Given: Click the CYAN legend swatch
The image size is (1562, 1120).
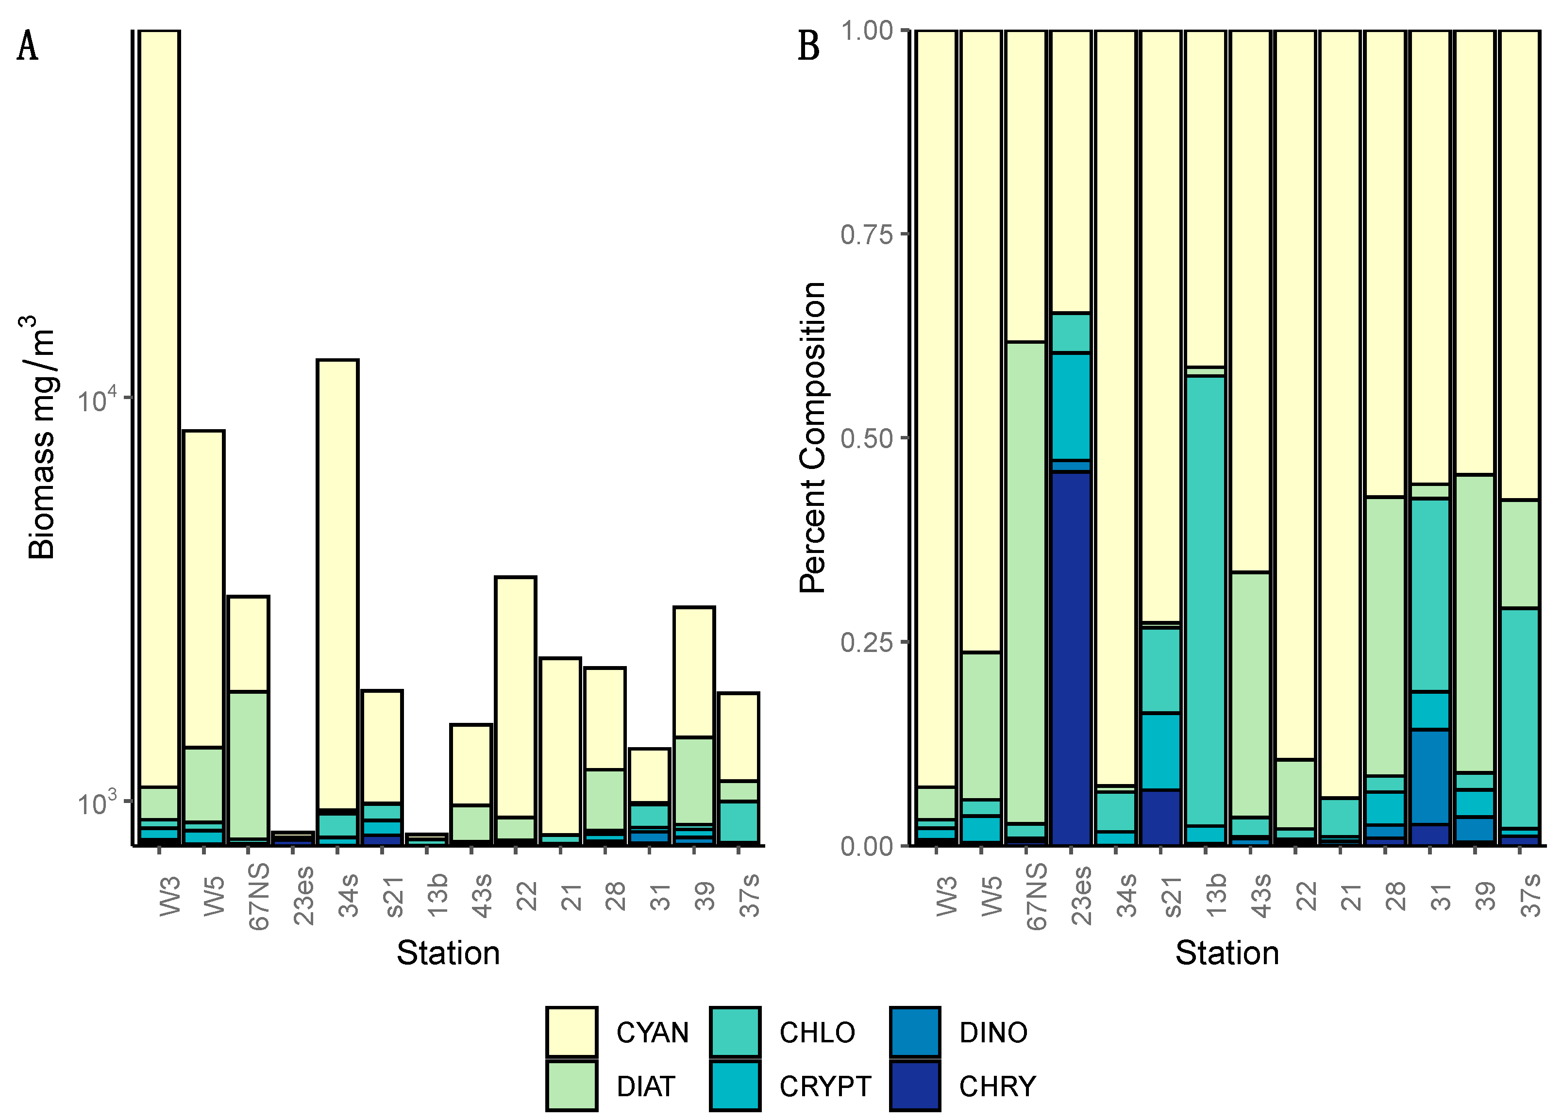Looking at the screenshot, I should pyautogui.click(x=571, y=1032).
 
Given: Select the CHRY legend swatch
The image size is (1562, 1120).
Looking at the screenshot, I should pyautogui.click(x=915, y=1086).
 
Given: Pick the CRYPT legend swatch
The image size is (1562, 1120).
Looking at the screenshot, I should pyautogui.click(x=735, y=1086).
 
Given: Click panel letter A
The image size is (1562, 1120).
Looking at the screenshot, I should pyautogui.click(x=28, y=47).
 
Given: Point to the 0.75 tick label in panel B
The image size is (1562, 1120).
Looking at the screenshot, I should pyautogui.click(x=866, y=234).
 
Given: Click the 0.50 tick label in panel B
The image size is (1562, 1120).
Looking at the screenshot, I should pyautogui.click(x=866, y=438).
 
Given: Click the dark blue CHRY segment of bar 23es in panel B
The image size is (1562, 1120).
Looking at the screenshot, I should pyautogui.click(x=1071, y=654).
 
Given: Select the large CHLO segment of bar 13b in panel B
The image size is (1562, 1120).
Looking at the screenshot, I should pyautogui.click(x=1205, y=599).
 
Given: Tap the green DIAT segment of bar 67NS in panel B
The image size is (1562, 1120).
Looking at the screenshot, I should pyautogui.click(x=1026, y=579).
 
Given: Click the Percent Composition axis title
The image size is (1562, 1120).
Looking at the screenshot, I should pyautogui.click(x=813, y=437).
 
